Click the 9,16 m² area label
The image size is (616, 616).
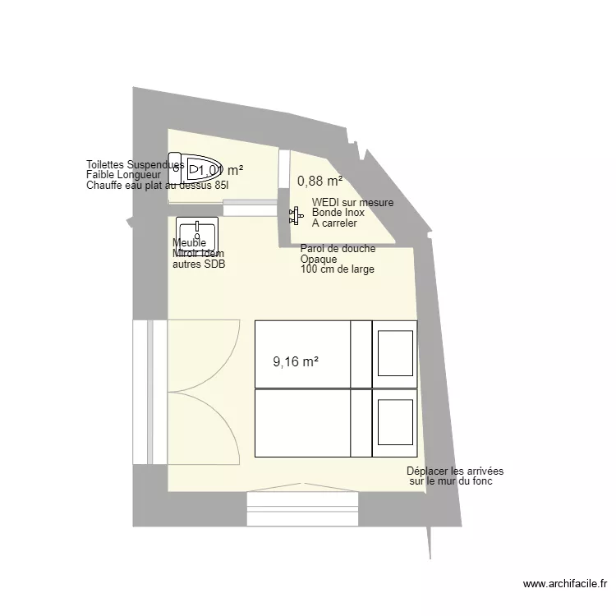(x=295, y=361)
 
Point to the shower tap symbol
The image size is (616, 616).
(x=293, y=216)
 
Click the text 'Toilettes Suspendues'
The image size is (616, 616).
(x=135, y=165)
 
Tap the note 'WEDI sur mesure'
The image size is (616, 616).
(x=352, y=203)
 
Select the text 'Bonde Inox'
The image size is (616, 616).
(x=339, y=213)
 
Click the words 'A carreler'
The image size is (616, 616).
(x=334, y=223)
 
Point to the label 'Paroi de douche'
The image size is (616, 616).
(x=338, y=249)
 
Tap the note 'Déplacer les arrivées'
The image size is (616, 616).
(x=455, y=471)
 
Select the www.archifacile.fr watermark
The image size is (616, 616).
(x=564, y=585)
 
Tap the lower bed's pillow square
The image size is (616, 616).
(x=394, y=423)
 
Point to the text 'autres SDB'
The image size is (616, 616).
(x=198, y=264)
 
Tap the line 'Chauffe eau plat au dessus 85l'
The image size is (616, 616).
(x=158, y=186)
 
